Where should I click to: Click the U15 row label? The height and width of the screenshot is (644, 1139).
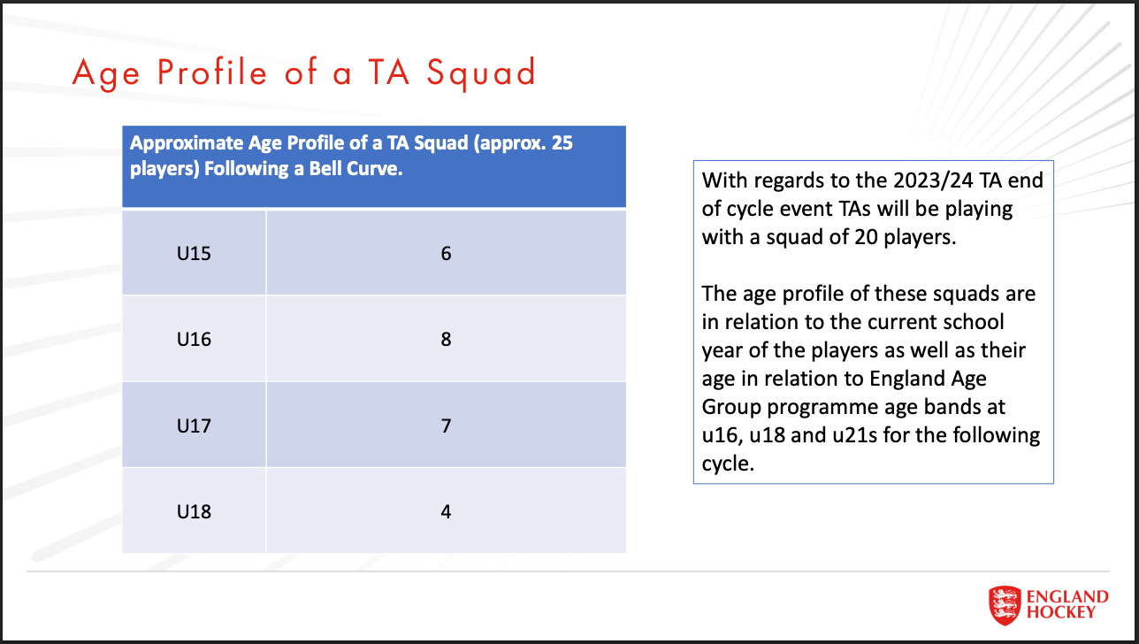194,254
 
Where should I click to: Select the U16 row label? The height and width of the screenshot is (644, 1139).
194,339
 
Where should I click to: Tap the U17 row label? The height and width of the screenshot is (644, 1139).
194,425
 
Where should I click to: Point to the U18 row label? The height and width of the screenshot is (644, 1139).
194,511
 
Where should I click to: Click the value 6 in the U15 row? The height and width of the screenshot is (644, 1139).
446,254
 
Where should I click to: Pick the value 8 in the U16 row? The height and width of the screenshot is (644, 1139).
446,339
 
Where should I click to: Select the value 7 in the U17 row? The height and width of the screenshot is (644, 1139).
446,425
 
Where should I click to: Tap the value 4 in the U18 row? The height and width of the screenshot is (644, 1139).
446,511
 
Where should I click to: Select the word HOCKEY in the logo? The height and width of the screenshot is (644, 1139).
1061,611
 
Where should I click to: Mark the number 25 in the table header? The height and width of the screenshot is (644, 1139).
562,143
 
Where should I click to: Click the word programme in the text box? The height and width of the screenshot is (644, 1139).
834,407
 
